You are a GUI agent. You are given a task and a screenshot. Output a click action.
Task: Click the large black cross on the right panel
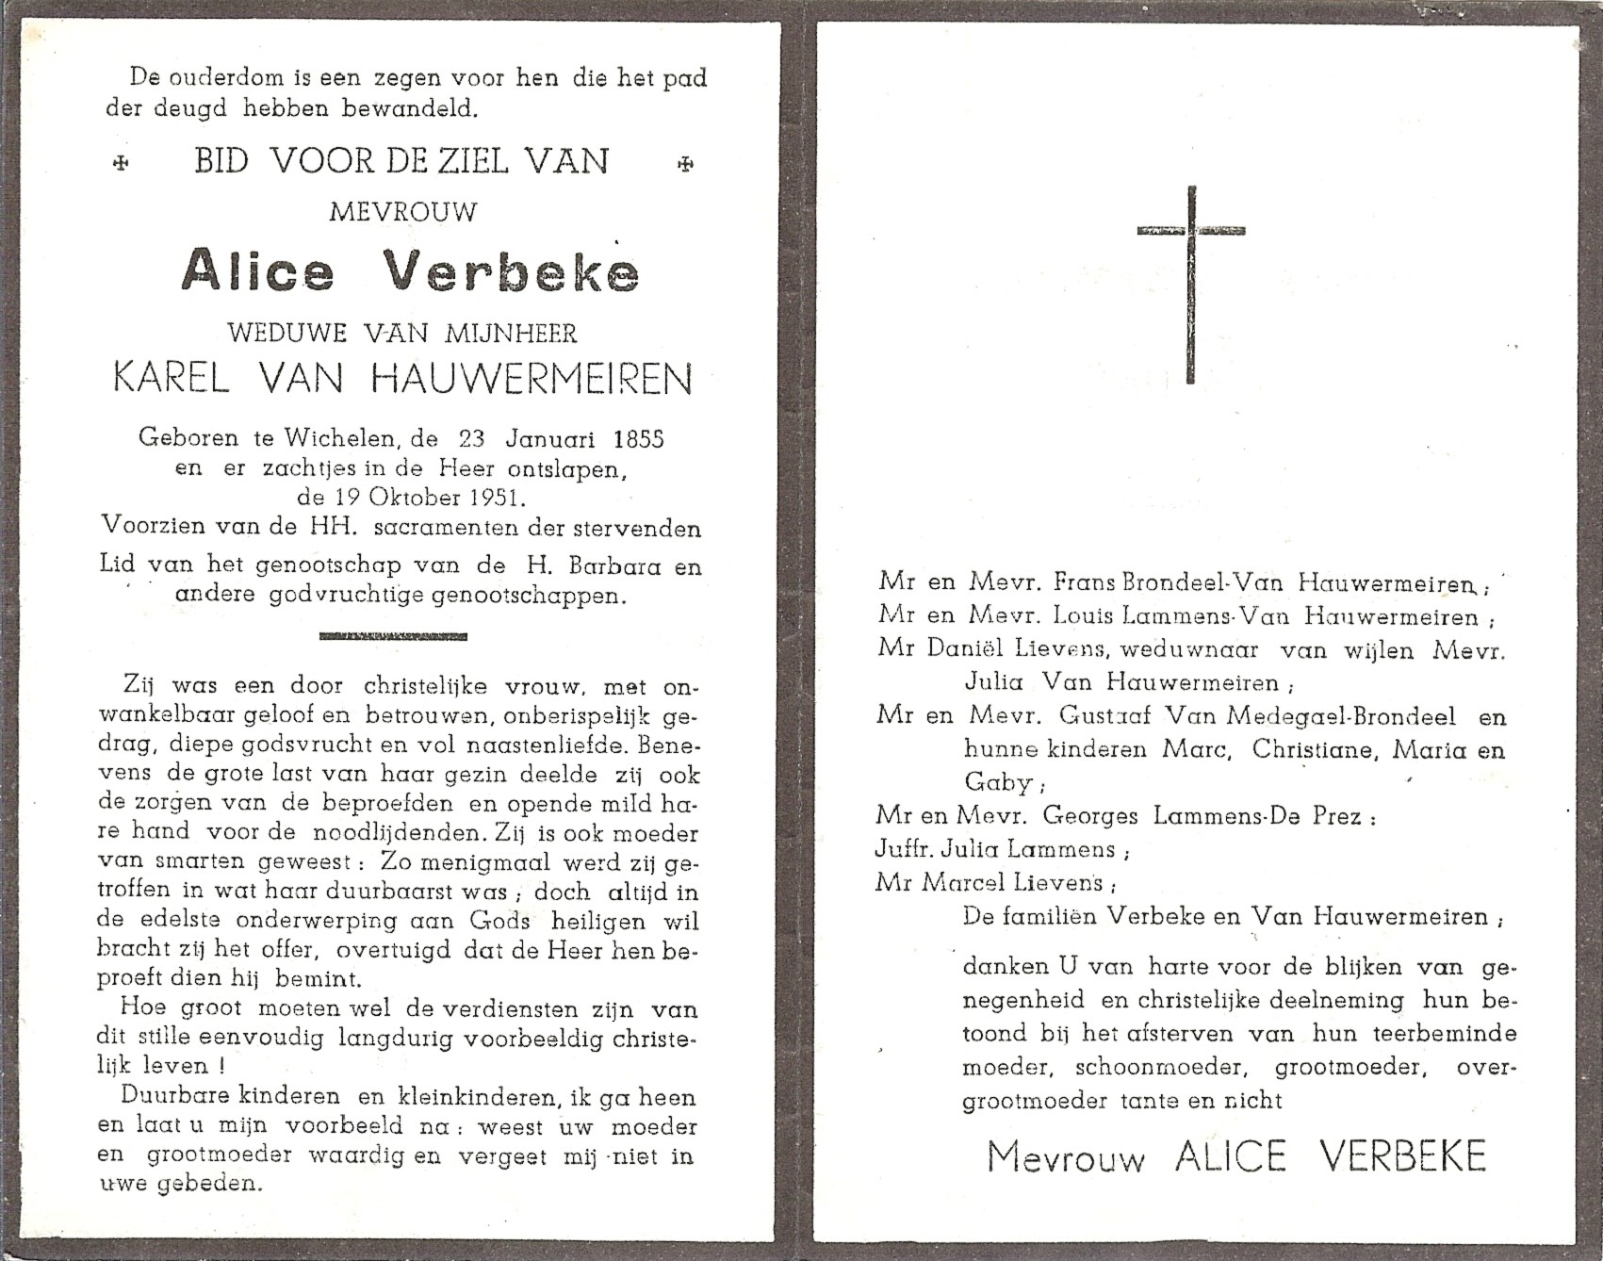(1191, 283)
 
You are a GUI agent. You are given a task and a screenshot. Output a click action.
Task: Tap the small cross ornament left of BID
(120, 164)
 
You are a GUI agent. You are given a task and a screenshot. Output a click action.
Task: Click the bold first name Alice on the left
(258, 271)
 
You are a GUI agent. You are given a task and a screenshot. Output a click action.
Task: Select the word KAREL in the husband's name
(171, 378)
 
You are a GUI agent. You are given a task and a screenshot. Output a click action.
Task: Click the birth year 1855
(638, 438)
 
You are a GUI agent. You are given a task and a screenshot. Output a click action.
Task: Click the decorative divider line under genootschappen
(393, 637)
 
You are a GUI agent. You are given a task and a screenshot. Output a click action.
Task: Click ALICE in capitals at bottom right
(1231, 1157)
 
